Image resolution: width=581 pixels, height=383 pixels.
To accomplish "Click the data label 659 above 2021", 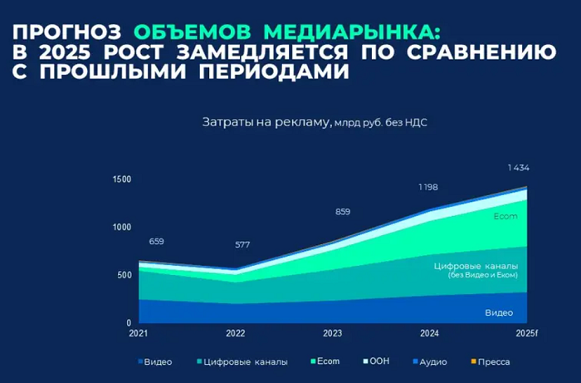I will click(156, 242).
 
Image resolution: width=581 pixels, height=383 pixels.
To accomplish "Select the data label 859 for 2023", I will click(343, 212).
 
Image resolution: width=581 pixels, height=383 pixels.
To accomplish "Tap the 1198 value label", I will click(428, 188).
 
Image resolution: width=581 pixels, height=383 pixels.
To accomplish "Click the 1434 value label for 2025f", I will click(519, 168).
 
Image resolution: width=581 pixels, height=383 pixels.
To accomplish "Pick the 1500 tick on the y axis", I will click(122, 179).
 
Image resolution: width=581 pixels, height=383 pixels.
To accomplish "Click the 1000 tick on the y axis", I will click(122, 227).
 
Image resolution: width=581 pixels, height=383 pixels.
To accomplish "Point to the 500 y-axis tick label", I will click(124, 275).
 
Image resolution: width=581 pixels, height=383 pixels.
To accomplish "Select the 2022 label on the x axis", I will click(236, 333).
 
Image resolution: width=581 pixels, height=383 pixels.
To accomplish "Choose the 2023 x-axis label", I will click(332, 333).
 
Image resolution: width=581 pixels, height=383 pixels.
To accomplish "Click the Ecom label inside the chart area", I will click(505, 217).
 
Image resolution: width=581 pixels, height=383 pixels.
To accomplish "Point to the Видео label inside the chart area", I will click(499, 312).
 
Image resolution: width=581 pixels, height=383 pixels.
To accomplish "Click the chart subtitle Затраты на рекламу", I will click(266, 123).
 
